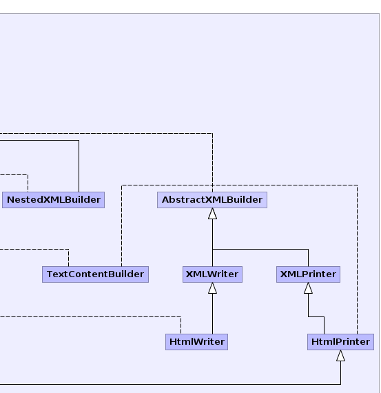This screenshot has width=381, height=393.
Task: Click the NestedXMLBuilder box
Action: coord(53,200)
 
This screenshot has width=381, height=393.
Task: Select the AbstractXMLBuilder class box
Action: coord(212,200)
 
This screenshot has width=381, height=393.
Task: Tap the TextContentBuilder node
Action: coord(96,274)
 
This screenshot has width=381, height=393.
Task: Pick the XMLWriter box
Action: coord(212,274)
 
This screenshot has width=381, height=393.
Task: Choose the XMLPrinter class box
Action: coord(309,274)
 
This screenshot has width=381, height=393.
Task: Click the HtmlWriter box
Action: coord(196,342)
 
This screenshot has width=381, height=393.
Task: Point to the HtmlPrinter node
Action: coord(340,342)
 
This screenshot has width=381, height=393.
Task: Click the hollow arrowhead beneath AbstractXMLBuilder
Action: coord(213,214)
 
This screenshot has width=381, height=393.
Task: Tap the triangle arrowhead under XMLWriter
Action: coord(213,288)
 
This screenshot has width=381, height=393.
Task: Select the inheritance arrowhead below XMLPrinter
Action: coord(309,288)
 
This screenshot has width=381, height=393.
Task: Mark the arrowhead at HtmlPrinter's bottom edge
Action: coord(340,356)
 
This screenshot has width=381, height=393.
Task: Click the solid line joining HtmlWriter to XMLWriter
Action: coord(213,314)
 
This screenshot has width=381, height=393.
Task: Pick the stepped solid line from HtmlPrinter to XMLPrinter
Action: coord(316,316)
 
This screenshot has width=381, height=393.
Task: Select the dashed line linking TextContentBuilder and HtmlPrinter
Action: coord(240,185)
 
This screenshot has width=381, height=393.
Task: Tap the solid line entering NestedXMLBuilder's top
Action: coord(79,141)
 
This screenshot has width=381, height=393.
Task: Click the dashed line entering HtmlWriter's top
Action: coord(90,316)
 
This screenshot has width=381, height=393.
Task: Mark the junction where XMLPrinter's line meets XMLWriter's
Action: coord(213,250)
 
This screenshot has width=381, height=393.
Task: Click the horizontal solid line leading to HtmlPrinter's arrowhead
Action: coord(170,384)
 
